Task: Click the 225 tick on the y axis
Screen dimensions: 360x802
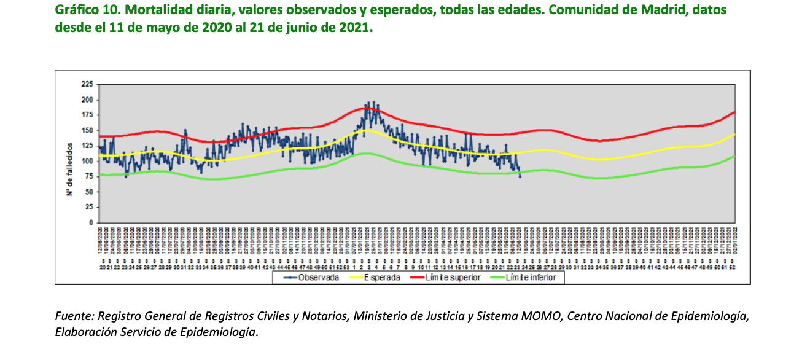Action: (x=88, y=84)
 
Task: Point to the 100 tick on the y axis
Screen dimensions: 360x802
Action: (x=88, y=161)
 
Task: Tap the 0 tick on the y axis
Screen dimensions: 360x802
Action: (x=91, y=222)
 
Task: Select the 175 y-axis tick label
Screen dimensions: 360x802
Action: (x=88, y=115)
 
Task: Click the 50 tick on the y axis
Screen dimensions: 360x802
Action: (x=90, y=192)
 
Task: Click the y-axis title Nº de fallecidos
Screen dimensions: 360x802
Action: (x=71, y=168)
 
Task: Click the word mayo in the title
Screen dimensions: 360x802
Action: (x=147, y=28)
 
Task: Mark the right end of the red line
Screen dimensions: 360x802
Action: (x=735, y=112)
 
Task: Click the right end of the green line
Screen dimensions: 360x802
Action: (x=735, y=155)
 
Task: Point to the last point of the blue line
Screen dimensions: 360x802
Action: (x=520, y=177)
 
